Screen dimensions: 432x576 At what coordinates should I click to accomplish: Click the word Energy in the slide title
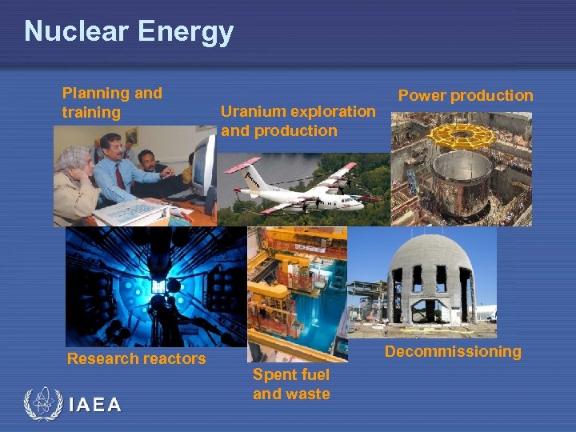tap(185, 32)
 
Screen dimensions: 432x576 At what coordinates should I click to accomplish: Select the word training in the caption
tap(90, 113)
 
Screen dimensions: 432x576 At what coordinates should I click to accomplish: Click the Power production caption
tap(465, 95)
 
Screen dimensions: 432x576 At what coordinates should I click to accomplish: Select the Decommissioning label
tap(452, 351)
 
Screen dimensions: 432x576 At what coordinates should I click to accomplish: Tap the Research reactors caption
tap(136, 358)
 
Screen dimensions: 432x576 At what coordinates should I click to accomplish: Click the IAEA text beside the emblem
tap(95, 405)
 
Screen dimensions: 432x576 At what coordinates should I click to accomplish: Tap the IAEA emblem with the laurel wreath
tap(42, 405)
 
